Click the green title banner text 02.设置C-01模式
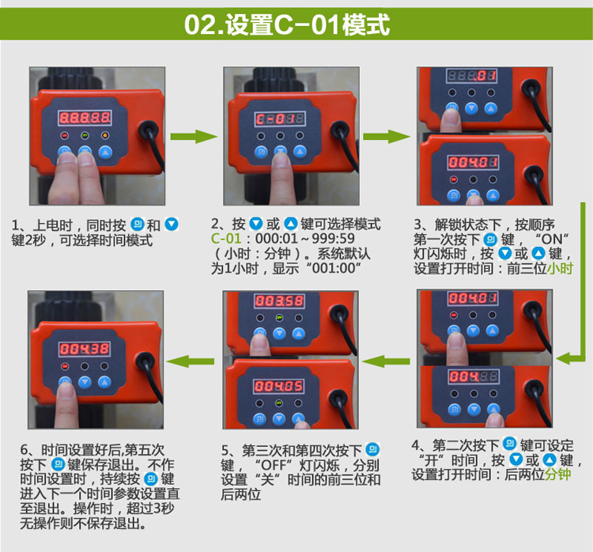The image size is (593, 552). point(287,25)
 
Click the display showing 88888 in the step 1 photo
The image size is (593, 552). point(85,118)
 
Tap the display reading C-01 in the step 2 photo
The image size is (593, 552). point(280,119)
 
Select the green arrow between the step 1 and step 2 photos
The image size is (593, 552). point(194,137)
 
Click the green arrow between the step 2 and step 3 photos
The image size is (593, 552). point(386,137)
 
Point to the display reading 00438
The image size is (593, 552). point(85,349)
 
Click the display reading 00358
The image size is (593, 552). point(279,301)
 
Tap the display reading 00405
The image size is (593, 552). point(278,386)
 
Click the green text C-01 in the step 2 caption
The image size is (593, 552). point(226,238)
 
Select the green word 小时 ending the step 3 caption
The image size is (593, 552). point(560,268)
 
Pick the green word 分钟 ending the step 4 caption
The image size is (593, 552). point(557,474)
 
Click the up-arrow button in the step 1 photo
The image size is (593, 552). point(105,152)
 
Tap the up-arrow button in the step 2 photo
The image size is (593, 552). point(300,152)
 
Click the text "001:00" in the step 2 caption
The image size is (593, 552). point(334,268)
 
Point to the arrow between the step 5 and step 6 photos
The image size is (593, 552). point(191,361)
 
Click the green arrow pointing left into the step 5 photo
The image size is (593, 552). point(386,361)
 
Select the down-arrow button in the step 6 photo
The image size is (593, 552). point(85,382)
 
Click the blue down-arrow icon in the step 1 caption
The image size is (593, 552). point(172,225)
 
